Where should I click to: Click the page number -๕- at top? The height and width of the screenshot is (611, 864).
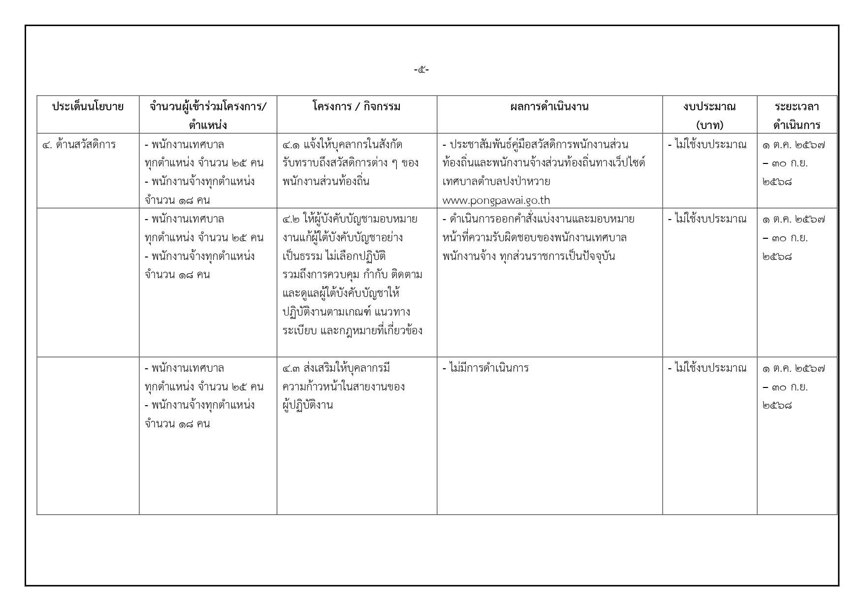point(421,70)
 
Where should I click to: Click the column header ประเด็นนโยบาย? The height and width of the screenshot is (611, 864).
point(88,107)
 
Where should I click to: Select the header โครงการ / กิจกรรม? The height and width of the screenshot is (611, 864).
point(356,107)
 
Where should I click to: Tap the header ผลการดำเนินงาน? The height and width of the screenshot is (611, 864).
point(549,107)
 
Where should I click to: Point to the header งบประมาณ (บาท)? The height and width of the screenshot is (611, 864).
point(709,115)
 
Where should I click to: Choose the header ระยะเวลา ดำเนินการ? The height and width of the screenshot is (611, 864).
point(797,115)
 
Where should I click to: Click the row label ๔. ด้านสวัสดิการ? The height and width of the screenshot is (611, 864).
point(79,145)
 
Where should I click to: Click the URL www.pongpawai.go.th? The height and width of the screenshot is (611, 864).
point(496,200)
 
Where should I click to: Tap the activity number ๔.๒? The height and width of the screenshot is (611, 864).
point(291,219)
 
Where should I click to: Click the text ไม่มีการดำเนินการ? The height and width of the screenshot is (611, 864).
point(488,368)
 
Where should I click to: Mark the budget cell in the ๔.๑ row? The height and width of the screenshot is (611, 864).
point(707,145)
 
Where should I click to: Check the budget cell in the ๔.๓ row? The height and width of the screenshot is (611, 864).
point(707,368)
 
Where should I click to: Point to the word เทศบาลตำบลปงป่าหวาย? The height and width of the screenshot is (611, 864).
point(496,182)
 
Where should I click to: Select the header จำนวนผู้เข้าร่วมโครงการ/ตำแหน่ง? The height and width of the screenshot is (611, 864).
point(208,115)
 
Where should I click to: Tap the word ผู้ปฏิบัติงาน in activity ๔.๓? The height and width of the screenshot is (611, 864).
point(308,406)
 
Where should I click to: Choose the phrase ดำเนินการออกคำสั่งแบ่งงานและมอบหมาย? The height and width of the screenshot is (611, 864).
point(542,219)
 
